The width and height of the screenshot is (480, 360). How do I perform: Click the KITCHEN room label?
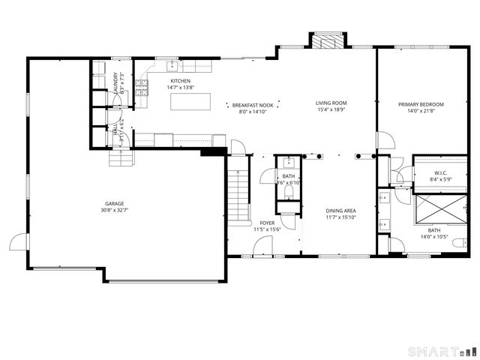pos(180,81)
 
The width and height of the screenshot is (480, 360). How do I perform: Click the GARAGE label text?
pos(114,203)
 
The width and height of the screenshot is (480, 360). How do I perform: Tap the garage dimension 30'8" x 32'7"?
pos(114,210)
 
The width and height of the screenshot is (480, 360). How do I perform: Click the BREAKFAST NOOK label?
pos(247,105)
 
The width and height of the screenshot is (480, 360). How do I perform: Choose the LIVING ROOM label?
pos(330,103)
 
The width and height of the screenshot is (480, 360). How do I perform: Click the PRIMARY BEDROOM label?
pos(420,104)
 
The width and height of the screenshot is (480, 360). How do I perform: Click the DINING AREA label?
pos(340,211)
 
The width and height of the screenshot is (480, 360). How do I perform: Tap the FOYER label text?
pos(267,223)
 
